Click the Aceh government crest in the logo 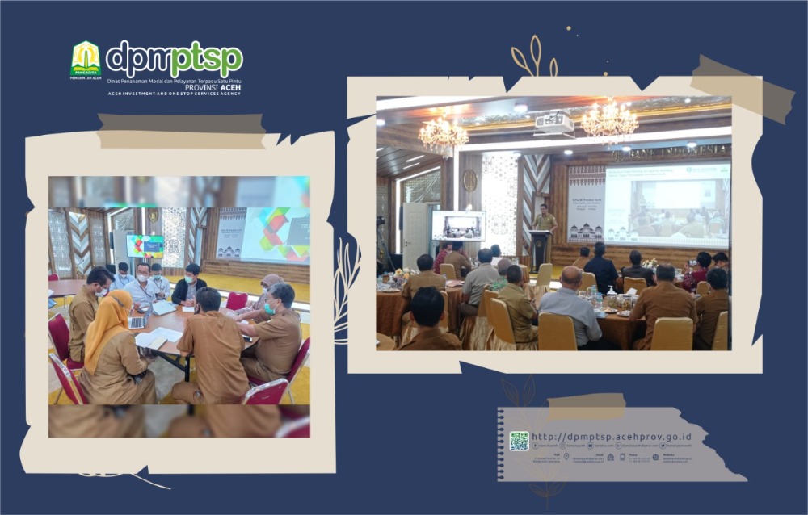click(x=86, y=59)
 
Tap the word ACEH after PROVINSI click(x=229, y=86)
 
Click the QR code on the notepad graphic click(x=519, y=441)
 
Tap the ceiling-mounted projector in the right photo click(x=554, y=124)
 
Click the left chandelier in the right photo click(x=443, y=133)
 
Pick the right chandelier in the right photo click(x=610, y=122)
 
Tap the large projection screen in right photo click(x=667, y=204)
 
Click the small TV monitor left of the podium click(x=458, y=226)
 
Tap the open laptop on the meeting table click(x=138, y=320)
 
